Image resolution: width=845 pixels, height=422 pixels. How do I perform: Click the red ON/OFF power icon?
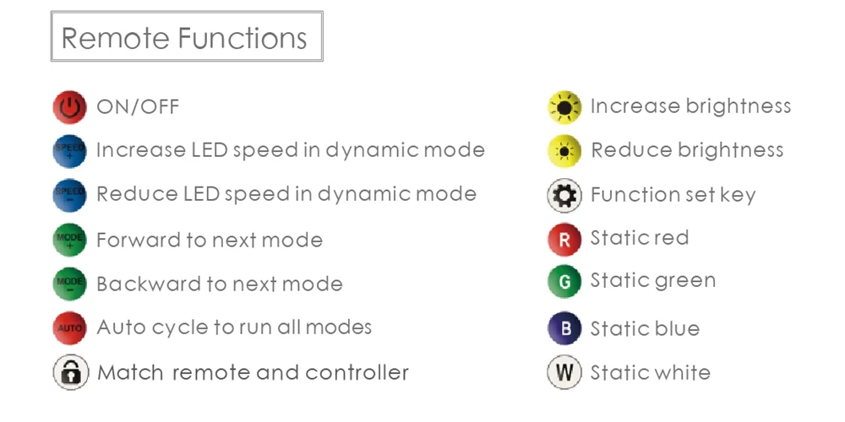click(x=69, y=108)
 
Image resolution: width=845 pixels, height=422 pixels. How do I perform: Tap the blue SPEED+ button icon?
click(x=69, y=152)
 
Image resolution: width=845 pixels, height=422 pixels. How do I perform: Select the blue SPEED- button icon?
click(x=69, y=196)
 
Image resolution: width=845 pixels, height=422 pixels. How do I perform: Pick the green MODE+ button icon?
click(x=69, y=240)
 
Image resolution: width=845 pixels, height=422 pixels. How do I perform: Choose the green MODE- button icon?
click(x=69, y=284)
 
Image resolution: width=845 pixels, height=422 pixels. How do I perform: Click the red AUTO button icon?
click(x=69, y=327)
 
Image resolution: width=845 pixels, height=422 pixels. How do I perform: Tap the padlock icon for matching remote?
click(x=70, y=372)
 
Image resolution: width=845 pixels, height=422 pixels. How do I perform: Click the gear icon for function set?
click(x=564, y=196)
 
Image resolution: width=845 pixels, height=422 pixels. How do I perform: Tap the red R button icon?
click(x=564, y=240)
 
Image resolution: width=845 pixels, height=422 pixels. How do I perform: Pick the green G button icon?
click(x=564, y=282)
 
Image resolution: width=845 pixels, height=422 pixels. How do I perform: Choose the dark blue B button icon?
click(x=564, y=329)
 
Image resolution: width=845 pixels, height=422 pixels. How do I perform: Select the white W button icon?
click(x=564, y=372)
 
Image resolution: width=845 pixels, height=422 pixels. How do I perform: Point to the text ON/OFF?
click(x=138, y=107)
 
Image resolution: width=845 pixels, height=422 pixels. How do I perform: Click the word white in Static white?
click(x=679, y=372)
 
